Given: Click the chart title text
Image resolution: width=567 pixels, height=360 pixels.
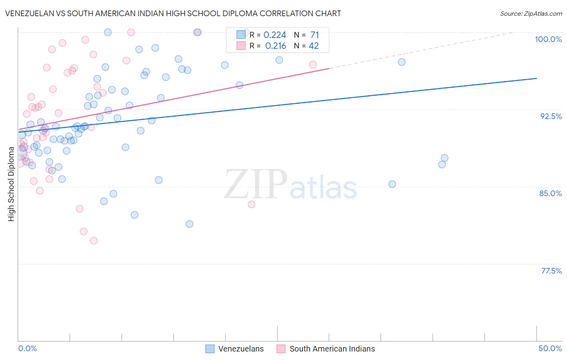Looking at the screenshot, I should (173, 13).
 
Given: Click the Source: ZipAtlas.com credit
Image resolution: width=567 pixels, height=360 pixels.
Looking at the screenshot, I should (531, 14).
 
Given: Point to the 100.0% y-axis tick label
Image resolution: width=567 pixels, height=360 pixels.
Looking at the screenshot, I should (548, 39).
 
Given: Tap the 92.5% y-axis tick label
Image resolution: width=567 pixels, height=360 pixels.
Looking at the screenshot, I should (551, 116).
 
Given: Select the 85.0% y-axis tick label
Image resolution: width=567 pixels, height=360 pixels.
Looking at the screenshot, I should (550, 193).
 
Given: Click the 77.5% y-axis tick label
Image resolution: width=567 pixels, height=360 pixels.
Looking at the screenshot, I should (551, 271).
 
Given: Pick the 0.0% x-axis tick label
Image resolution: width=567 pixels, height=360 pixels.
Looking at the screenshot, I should (27, 348).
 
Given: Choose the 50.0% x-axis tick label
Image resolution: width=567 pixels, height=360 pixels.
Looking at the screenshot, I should (550, 348).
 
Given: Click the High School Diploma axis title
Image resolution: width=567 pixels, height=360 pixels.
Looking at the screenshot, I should (11, 184).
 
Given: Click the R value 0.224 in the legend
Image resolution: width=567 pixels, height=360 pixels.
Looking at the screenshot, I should (275, 35).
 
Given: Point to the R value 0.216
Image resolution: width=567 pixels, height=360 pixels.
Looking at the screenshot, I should (275, 46).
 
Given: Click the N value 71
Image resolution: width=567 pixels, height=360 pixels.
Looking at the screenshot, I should (315, 35).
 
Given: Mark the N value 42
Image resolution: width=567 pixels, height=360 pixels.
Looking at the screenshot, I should (314, 46).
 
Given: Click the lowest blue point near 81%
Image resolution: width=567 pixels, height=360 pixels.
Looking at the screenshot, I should (190, 224).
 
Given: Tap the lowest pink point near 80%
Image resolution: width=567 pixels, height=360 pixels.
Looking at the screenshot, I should (94, 241).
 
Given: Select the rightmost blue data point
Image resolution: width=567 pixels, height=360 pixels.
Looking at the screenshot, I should (444, 158).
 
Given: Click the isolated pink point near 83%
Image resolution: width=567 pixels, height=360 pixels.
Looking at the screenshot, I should (252, 204).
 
